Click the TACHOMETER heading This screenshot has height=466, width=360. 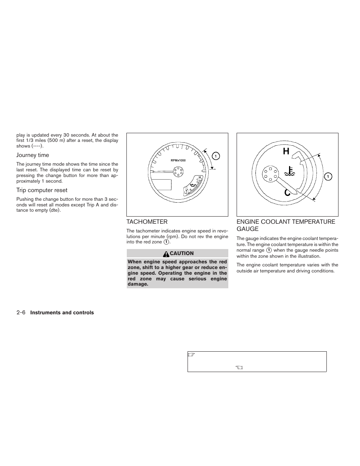[147, 222]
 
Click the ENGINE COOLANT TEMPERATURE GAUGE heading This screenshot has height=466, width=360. [286, 225]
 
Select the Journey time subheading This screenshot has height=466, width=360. [32, 155]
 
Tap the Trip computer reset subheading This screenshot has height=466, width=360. [42, 190]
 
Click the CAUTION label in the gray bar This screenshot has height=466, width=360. [182, 254]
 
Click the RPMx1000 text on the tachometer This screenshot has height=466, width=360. [178, 160]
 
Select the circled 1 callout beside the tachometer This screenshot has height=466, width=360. [215, 156]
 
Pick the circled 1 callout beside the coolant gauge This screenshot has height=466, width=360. [328, 177]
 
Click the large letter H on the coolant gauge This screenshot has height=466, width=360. [286, 151]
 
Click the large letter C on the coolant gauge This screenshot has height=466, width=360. [287, 193]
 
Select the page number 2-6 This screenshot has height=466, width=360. [21, 312]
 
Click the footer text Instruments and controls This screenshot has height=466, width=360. [62, 313]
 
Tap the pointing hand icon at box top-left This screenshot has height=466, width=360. [191, 355]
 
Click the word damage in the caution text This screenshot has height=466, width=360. [137, 284]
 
